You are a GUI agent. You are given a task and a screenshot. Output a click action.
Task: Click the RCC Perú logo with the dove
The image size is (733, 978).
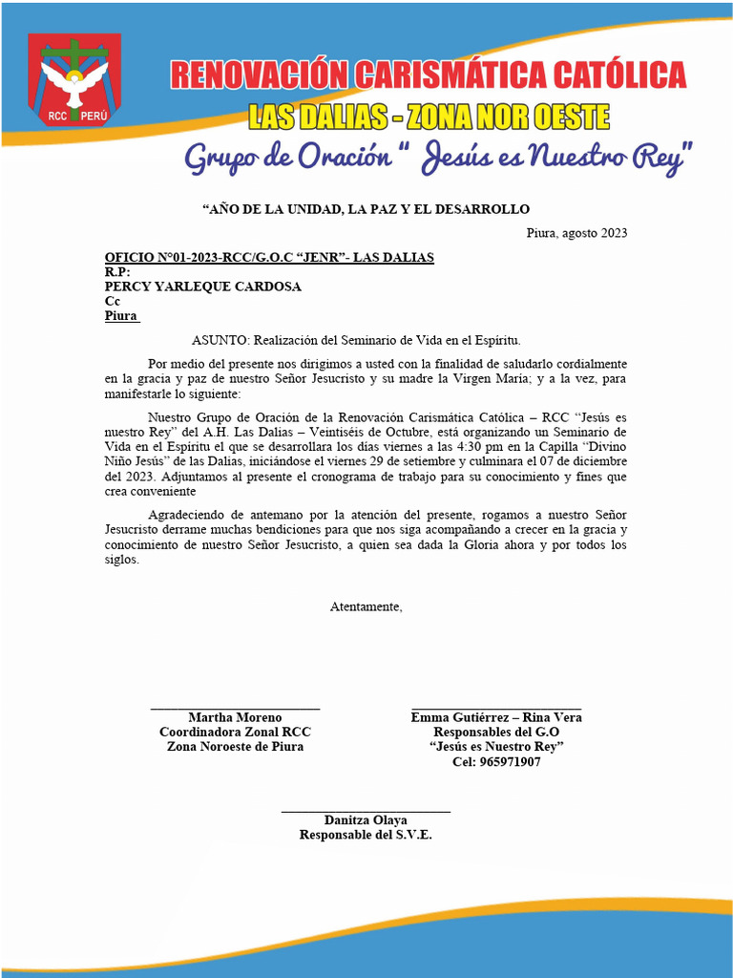coord(74,81)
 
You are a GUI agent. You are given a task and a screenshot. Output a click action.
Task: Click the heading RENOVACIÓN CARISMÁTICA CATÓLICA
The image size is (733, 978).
coord(428,74)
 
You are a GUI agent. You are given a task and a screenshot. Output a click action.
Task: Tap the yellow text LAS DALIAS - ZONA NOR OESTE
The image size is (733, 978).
coord(429,117)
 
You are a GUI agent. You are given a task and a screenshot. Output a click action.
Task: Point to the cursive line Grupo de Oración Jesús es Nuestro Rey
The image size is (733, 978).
coord(438,157)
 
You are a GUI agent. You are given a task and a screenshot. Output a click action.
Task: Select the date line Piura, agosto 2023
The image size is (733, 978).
coord(576,233)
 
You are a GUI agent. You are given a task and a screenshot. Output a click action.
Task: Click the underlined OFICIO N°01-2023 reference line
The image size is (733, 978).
coord(269,258)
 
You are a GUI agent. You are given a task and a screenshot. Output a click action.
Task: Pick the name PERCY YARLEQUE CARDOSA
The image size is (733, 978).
coord(202,287)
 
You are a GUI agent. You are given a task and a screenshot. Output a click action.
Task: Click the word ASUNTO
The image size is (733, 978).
coord(219,340)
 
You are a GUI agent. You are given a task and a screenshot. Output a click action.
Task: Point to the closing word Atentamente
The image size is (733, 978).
coord(366,606)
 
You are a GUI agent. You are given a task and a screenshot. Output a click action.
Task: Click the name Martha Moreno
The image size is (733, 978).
coord(235,717)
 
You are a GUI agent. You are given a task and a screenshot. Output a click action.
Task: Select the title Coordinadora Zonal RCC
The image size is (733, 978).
coord(235,732)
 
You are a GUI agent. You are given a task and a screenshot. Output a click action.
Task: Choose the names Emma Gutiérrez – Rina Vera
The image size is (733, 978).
coord(496,717)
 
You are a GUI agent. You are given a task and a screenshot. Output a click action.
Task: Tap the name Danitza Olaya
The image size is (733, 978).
coord(366,820)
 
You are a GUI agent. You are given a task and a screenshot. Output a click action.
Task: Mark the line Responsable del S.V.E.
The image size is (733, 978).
coord(366,835)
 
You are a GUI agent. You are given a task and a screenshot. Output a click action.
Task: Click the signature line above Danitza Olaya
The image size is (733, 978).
coord(366,811)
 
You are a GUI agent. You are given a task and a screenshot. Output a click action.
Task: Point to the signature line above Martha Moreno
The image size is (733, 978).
coord(235,709)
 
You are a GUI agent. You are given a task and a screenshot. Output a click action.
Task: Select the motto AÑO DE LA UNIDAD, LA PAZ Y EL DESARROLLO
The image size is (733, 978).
coord(366,209)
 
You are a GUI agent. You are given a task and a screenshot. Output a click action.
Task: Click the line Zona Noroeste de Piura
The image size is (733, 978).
coord(235,747)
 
